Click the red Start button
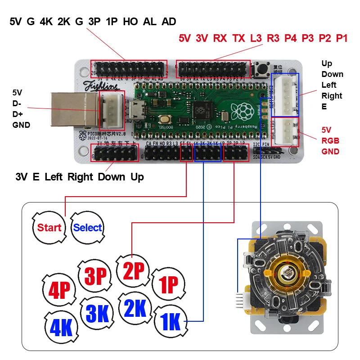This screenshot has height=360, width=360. [x=49, y=227]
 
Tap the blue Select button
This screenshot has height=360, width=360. [x=87, y=228]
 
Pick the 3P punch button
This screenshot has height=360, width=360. [x=95, y=276]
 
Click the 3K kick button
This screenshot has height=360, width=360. [x=97, y=313]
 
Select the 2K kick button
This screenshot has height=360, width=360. [x=135, y=308]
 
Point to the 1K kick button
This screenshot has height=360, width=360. [x=170, y=321]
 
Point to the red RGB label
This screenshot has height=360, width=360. [x=330, y=140]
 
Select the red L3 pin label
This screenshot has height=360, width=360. [x=256, y=38]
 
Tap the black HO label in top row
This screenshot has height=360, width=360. [x=130, y=22]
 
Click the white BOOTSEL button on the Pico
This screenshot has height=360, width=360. [x=166, y=120]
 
